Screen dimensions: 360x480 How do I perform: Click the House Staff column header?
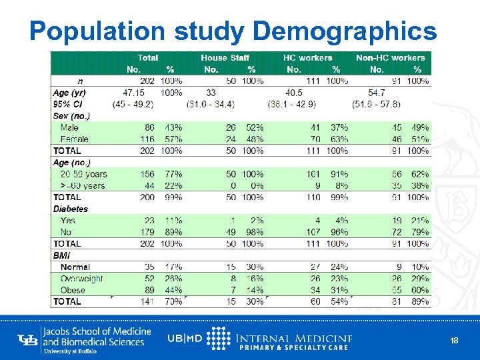(225, 58)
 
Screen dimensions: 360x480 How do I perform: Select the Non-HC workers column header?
(390, 58)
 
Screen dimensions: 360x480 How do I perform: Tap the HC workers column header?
(307, 58)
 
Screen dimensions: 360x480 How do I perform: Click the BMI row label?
(61, 255)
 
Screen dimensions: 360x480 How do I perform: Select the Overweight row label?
(81, 279)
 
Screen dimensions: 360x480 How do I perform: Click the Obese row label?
(73, 290)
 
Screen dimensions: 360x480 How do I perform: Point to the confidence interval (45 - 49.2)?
(133, 104)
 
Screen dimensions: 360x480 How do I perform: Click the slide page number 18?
(454, 341)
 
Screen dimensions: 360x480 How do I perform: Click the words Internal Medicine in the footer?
(294, 338)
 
